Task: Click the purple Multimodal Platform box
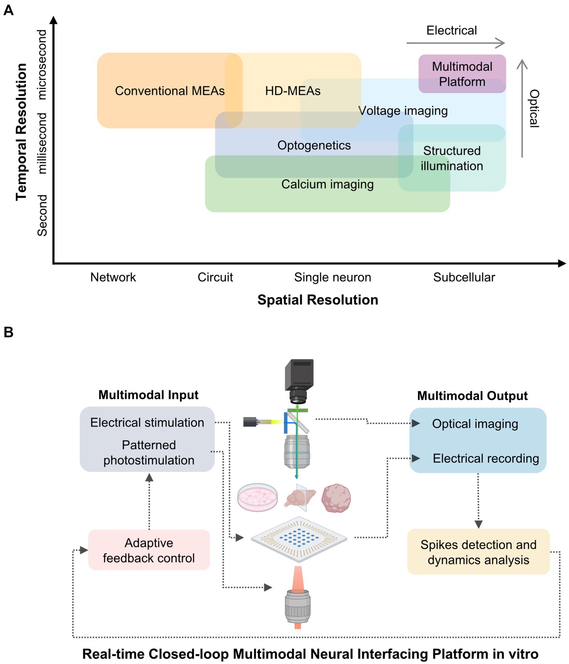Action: click(x=462, y=74)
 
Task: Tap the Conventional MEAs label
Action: click(x=170, y=91)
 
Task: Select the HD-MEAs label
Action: click(x=293, y=91)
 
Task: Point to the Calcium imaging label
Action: click(x=327, y=184)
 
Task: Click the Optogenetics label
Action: click(x=314, y=145)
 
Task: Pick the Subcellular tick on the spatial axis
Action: click(x=464, y=277)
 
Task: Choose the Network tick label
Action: click(x=113, y=277)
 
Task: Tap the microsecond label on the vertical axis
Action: click(x=42, y=65)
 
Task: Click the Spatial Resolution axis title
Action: click(x=318, y=300)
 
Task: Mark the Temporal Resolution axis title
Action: click(x=22, y=132)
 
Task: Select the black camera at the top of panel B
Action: click(x=299, y=380)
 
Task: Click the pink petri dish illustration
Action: click(x=257, y=497)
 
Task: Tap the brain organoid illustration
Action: click(x=336, y=498)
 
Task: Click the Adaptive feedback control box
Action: click(x=149, y=550)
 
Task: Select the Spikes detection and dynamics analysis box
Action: click(x=478, y=552)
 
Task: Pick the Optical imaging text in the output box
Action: click(x=475, y=424)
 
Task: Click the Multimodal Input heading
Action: click(x=148, y=395)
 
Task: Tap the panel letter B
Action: click(x=8, y=332)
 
